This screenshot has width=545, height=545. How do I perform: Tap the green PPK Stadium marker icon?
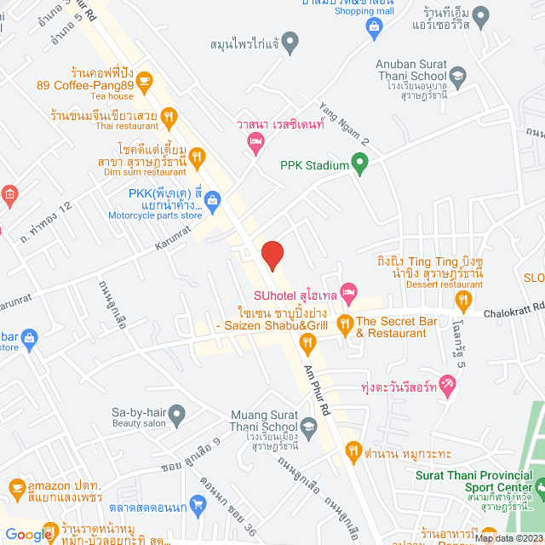click(x=360, y=161)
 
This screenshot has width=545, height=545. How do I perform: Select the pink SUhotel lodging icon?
click(x=348, y=293)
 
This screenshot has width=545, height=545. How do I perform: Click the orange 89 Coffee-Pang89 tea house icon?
click(x=143, y=82)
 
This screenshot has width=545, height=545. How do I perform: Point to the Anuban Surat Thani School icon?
click(x=458, y=77)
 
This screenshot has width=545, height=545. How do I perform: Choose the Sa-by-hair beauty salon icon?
click(x=177, y=416)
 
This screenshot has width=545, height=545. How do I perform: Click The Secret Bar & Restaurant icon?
click(x=345, y=323)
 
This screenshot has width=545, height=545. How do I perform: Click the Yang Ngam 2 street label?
click(x=344, y=123)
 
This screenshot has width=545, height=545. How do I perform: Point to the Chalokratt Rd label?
click(x=511, y=314)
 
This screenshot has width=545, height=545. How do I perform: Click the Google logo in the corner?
click(x=29, y=534)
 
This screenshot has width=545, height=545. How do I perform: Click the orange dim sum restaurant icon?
click(x=198, y=155)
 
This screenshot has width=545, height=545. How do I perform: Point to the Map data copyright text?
click(x=508, y=537)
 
